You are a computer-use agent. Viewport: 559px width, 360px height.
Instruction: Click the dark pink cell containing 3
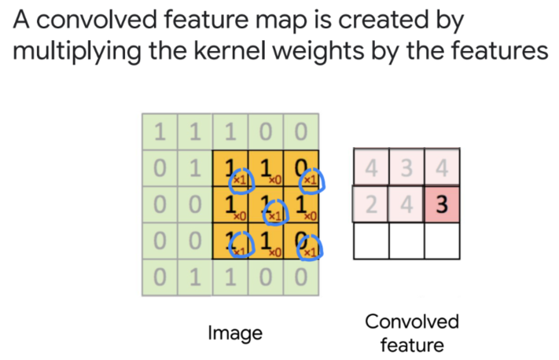click(x=442, y=205)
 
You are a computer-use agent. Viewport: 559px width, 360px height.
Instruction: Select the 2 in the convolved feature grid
click(x=370, y=205)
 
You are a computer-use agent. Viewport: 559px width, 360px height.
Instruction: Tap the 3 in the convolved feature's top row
click(x=406, y=168)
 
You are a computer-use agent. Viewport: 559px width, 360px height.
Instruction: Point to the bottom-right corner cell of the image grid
click(x=301, y=277)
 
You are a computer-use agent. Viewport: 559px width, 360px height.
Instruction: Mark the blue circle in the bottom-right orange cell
click(x=312, y=248)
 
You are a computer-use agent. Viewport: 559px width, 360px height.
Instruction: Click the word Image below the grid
click(x=234, y=332)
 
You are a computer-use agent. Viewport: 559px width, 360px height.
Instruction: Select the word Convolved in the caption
click(x=412, y=321)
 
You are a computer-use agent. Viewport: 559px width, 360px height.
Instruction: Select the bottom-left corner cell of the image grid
click(x=160, y=277)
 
